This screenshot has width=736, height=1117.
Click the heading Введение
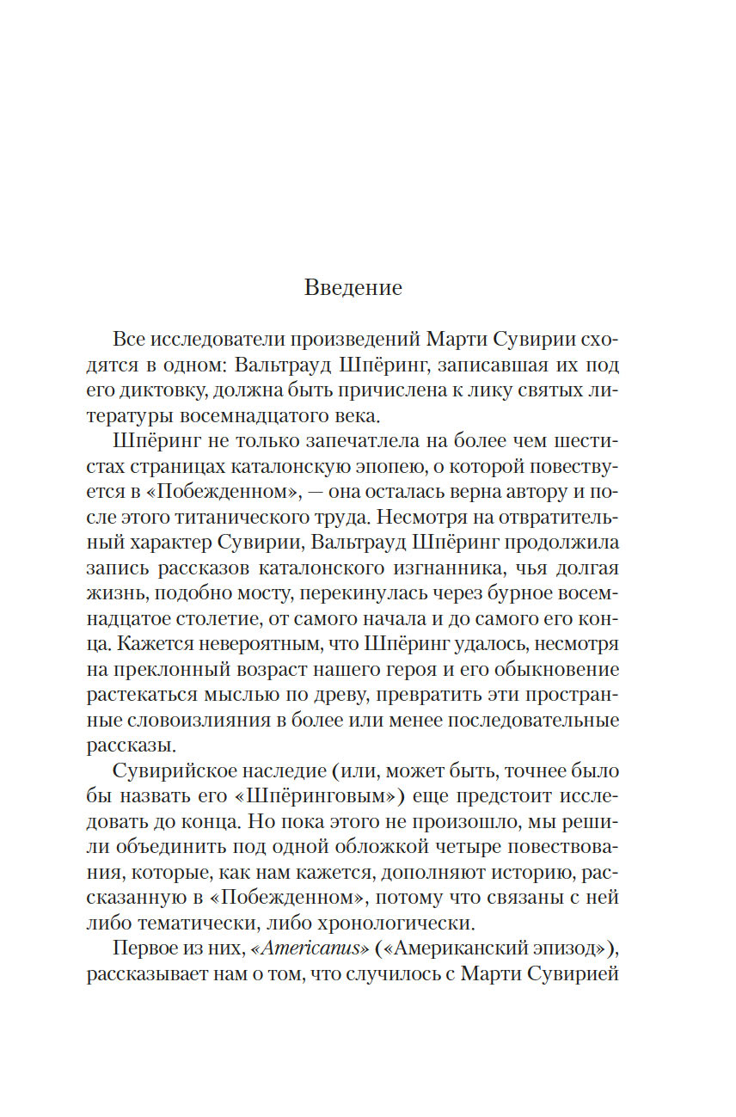(x=353, y=287)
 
